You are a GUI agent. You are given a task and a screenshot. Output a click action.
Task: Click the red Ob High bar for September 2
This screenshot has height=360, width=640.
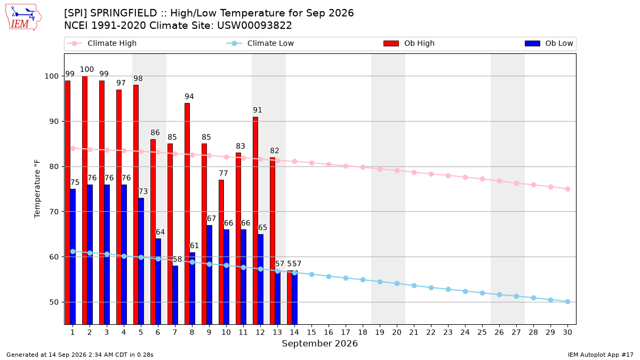point(85,201)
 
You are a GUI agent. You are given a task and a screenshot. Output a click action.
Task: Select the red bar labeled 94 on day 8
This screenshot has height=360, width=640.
point(187,214)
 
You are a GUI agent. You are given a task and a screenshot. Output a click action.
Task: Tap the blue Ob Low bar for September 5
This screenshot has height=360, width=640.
point(141,261)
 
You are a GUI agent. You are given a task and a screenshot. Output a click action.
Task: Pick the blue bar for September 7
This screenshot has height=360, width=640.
point(175,295)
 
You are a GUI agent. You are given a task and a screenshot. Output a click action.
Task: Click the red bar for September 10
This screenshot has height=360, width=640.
point(221,252)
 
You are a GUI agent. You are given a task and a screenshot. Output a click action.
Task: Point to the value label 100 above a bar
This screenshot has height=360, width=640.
point(87,69)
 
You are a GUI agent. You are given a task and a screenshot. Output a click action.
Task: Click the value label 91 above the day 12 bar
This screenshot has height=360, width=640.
point(258,110)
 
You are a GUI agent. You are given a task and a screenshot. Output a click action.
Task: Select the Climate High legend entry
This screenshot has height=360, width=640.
point(102,43)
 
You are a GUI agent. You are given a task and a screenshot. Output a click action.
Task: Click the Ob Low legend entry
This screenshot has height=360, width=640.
point(549,43)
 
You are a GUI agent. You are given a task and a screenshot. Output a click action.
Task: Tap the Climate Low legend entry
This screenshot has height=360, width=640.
point(260,43)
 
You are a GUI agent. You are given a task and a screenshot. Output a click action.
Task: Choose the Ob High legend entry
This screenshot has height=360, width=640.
point(409,43)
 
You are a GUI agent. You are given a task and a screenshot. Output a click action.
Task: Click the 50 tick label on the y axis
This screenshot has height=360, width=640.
point(53,302)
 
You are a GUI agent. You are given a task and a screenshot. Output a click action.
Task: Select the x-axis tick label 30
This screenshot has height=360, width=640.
point(567,332)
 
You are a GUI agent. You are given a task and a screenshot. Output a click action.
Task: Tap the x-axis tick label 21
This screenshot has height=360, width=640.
point(414,332)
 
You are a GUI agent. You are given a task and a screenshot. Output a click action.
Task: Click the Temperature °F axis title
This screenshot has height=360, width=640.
point(37,189)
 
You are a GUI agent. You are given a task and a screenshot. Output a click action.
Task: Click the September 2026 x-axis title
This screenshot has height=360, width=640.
point(319,343)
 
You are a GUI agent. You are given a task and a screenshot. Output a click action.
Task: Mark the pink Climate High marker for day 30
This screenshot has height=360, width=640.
point(567,189)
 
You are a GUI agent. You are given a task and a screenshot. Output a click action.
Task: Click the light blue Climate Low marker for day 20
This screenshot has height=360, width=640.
point(397,283)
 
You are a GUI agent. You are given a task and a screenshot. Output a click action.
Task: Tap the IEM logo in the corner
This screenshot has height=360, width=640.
point(23,17)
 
